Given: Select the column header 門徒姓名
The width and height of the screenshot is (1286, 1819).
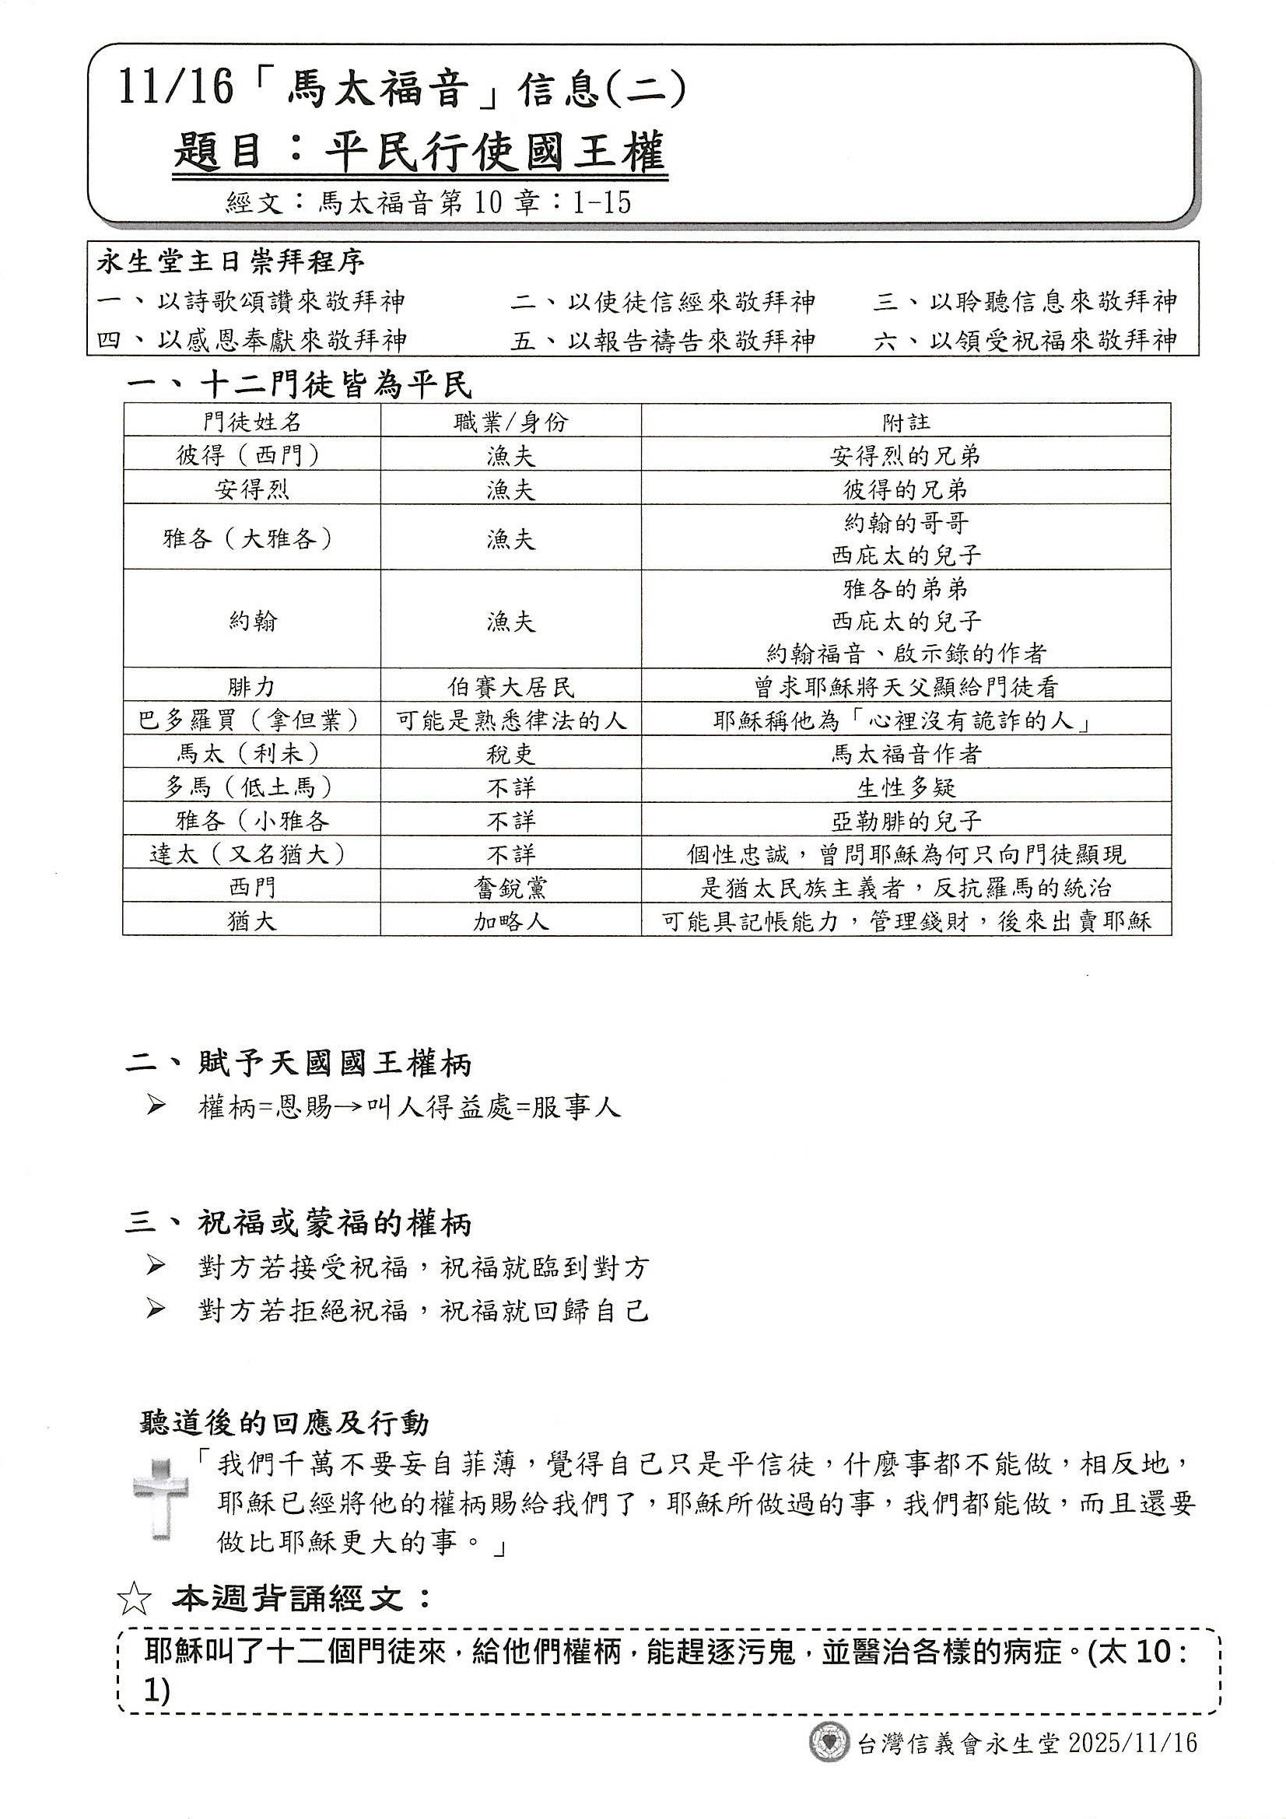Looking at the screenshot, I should tap(252, 422).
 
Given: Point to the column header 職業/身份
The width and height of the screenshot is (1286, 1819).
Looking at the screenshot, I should tap(511, 422).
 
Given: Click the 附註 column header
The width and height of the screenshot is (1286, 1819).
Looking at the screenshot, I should tap(906, 422).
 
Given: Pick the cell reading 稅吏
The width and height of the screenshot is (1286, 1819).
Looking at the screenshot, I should tap(511, 753).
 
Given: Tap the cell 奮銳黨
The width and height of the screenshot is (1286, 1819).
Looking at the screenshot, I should tap(511, 887).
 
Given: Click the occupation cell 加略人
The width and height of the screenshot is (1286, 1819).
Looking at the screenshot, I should tap(511, 920).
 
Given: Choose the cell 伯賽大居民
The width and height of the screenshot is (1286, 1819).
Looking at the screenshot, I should tap(511, 687).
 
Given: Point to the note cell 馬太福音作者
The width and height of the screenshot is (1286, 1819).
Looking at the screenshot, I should tap(906, 753).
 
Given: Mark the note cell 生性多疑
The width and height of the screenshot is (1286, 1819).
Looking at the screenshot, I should tap(906, 787).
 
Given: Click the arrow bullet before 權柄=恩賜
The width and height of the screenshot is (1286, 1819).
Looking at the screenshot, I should tap(156, 1106).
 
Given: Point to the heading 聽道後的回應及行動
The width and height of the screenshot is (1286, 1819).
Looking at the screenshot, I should tap(284, 1424).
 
